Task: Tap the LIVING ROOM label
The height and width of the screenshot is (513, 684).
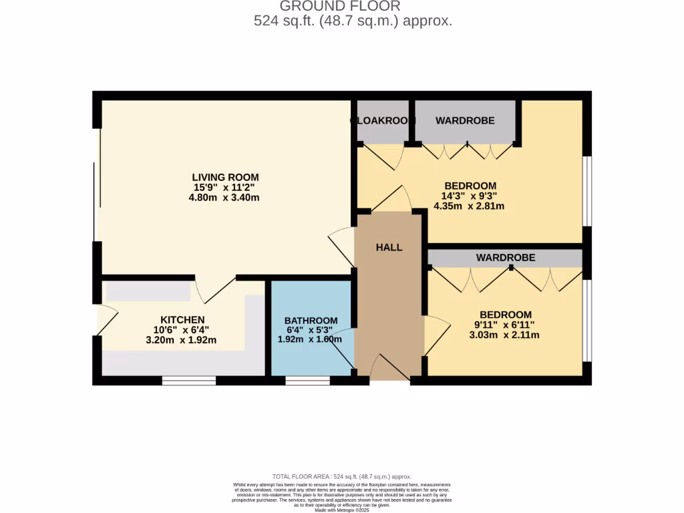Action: (x=224, y=177)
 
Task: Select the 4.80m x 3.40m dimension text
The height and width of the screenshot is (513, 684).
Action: (x=224, y=198)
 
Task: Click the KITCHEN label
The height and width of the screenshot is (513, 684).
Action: (x=182, y=320)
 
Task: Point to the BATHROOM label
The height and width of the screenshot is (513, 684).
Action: (x=311, y=321)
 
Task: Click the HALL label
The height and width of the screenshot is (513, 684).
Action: (x=389, y=247)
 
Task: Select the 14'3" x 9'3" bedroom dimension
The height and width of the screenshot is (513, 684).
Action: (x=470, y=196)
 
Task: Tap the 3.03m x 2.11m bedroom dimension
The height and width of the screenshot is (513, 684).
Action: (x=505, y=335)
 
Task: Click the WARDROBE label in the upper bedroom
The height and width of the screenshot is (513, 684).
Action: (x=465, y=121)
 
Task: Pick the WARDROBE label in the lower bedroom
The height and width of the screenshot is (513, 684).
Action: (x=505, y=257)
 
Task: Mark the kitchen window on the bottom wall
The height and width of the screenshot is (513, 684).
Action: (x=189, y=381)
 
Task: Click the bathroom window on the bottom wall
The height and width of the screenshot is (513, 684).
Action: (x=307, y=381)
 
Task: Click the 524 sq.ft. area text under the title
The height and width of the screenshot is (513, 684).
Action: (x=353, y=21)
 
